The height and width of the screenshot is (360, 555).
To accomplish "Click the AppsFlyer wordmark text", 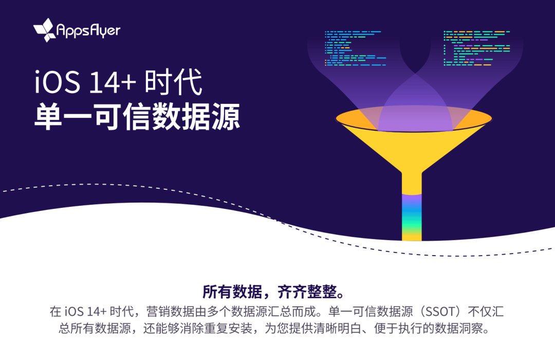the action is (x=88, y=31).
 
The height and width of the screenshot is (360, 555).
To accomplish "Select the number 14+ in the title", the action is (x=113, y=83).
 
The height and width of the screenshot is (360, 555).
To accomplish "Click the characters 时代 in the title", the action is (x=174, y=82).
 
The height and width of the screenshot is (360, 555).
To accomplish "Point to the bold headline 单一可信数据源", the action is (x=137, y=117).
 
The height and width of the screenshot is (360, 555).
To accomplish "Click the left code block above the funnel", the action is (x=356, y=48).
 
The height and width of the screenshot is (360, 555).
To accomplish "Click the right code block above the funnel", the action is (x=477, y=48).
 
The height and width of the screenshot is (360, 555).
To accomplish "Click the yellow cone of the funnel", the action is (x=412, y=149).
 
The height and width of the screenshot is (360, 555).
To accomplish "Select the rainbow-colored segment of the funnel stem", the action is (x=412, y=217).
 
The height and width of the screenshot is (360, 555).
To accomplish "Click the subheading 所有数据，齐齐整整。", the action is (x=274, y=292).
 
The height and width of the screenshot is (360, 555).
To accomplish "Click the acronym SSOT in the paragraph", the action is (x=440, y=312).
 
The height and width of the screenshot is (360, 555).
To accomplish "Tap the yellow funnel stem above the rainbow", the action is (x=412, y=184).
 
